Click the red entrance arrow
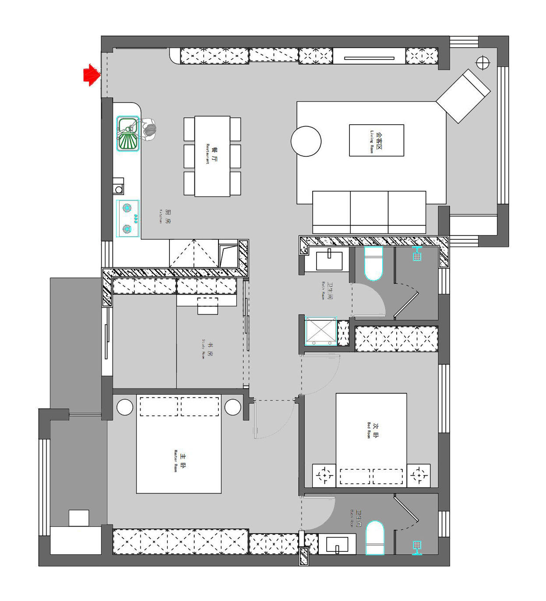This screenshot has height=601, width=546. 92,75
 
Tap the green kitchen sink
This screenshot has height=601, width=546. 127,134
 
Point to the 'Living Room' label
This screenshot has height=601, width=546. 376,141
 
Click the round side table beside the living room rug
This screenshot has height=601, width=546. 306,141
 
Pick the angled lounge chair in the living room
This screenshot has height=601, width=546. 463,96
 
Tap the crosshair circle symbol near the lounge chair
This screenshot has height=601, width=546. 483,63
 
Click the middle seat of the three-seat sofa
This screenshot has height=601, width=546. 369,211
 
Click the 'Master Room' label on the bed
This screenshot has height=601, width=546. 179,460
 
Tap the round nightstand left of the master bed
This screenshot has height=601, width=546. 125,407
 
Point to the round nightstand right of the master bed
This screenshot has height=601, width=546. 232,407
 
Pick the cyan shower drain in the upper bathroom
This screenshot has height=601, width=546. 417,254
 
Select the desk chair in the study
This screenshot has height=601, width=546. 208,306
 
